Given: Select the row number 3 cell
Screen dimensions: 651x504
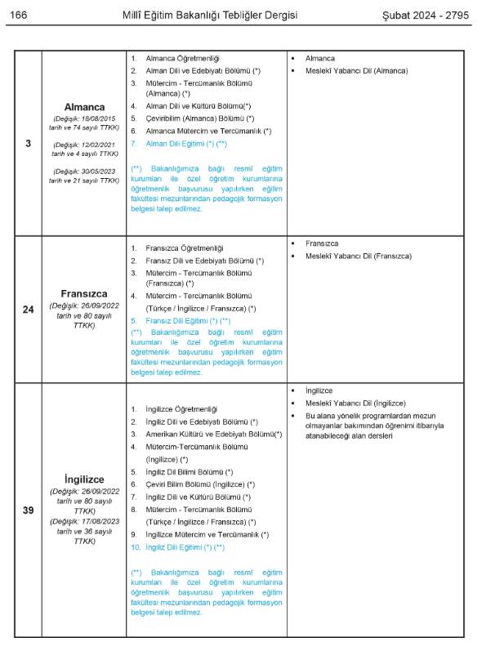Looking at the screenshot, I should (29, 144).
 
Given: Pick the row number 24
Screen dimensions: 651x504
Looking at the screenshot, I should (29, 309).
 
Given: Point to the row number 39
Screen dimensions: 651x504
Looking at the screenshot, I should (29, 511).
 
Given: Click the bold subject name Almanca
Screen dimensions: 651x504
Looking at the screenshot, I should (84, 107).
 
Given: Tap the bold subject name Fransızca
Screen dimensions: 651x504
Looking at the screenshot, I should (84, 293).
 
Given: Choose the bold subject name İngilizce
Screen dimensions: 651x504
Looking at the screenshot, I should (84, 479).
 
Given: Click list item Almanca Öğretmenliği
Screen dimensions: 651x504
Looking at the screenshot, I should (182, 59).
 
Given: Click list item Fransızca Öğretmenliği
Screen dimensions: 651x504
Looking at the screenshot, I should (184, 247).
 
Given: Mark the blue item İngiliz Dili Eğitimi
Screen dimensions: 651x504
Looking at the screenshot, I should (181, 546).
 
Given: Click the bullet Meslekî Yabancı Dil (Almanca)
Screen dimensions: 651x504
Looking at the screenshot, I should (356, 71).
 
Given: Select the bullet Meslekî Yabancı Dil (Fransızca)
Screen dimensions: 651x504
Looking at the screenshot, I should (359, 256).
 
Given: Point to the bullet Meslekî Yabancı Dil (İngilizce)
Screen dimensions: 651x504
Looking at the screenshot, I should (355, 403).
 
